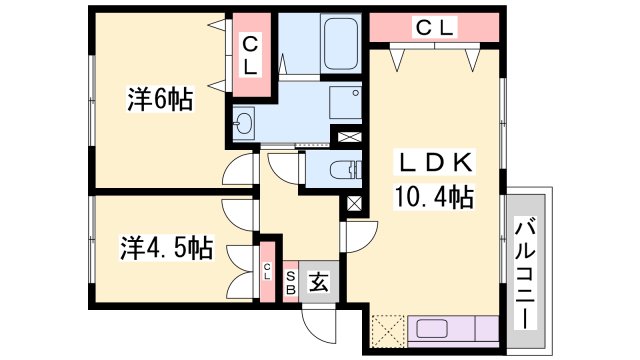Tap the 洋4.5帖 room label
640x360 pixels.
[x=167, y=247]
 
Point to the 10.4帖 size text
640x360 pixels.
[x=432, y=195]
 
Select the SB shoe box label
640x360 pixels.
[x=290, y=282]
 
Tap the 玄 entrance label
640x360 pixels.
[x=317, y=282]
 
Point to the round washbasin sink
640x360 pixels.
[x=244, y=125]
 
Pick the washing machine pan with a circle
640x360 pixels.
[x=345, y=103]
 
